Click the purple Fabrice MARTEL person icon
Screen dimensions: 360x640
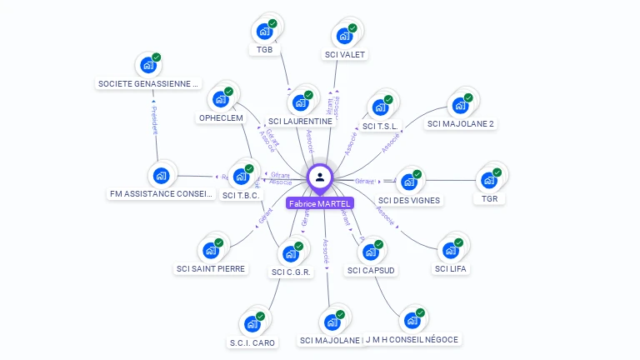(320, 177)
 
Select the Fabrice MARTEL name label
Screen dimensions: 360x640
(320, 203)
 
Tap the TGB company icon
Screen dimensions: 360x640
(265, 32)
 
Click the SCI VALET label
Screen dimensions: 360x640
(345, 55)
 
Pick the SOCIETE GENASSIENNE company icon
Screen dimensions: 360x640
(149, 65)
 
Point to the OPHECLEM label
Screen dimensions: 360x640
(221, 118)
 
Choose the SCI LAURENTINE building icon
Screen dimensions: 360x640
(301, 102)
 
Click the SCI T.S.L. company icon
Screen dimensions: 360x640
(381, 107)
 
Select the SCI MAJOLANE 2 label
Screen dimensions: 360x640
(461, 124)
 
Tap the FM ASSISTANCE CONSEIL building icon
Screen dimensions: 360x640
(162, 177)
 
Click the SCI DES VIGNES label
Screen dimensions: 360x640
(409, 200)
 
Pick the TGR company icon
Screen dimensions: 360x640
(489, 181)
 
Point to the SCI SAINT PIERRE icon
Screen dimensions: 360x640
(211, 250)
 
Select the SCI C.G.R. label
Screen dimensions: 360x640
(291, 272)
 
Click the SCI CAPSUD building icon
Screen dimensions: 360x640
(371, 252)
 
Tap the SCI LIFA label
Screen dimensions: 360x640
(451, 268)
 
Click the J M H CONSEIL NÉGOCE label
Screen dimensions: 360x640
(413, 340)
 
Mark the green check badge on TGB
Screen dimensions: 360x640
(273, 23)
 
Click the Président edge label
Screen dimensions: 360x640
(154, 120)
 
